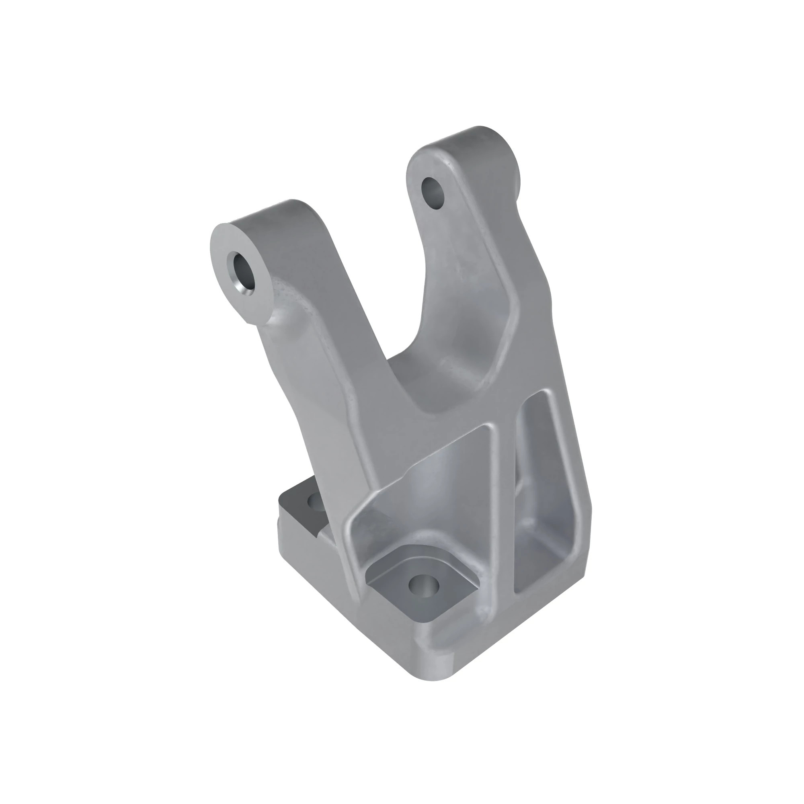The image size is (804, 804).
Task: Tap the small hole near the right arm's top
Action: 433,192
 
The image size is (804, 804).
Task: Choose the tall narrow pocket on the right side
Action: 541,478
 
